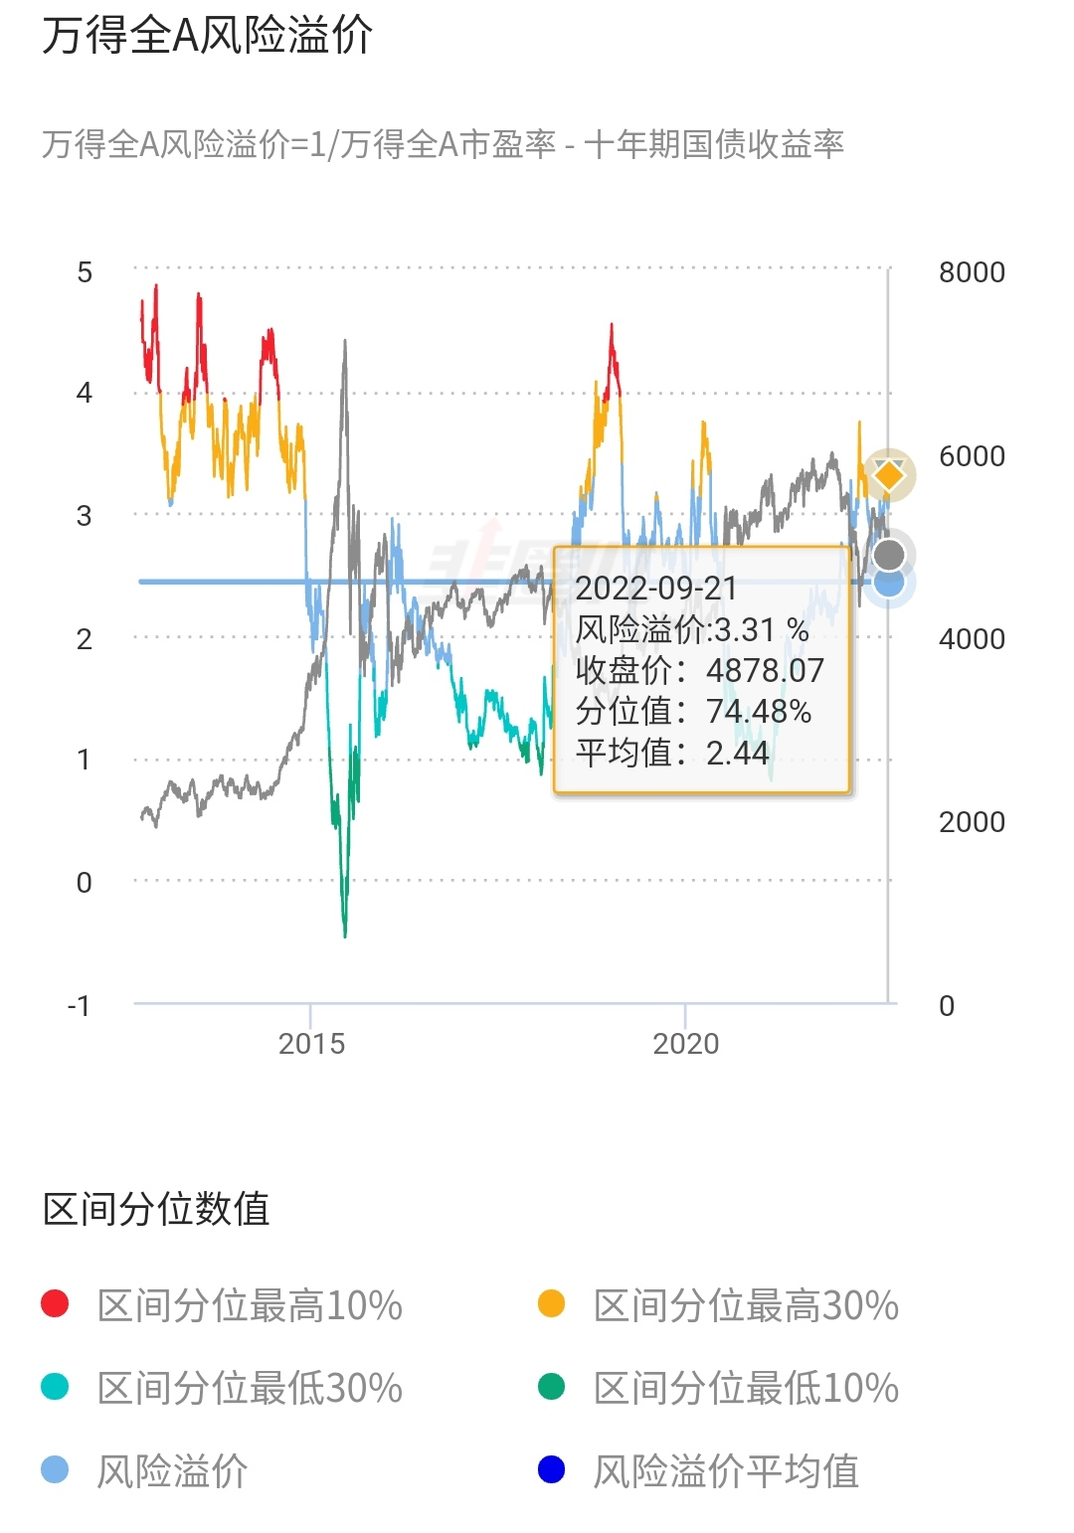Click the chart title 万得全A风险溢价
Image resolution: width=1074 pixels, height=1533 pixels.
pos(207,36)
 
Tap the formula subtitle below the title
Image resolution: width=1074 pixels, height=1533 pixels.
pos(443,145)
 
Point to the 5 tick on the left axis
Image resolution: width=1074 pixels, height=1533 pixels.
pos(85,271)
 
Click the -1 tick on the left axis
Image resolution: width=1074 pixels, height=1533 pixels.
pos(80,1005)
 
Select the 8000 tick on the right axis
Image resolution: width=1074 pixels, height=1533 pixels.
pos(972,271)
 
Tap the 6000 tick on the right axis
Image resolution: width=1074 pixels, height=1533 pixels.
pos(972,455)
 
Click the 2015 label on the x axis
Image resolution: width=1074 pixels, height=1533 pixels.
pos(311,1043)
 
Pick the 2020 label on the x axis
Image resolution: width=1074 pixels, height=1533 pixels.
pos(685,1043)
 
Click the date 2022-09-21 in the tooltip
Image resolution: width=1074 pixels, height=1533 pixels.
pos(656,588)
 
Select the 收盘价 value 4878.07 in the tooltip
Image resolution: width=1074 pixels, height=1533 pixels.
pos(765,670)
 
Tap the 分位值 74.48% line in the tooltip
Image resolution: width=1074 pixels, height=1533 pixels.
pos(693,711)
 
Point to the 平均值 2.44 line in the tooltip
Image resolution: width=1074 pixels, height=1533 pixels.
pos(672,753)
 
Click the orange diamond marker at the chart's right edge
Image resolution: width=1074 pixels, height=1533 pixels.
pos(888,475)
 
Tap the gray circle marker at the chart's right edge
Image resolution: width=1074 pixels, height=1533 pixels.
pos(889,555)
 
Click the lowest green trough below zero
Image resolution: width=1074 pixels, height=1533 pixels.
pos(345,933)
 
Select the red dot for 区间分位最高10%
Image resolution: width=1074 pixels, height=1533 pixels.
pos(55,1304)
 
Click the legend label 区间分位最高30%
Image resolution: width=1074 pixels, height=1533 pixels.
pos(746,1305)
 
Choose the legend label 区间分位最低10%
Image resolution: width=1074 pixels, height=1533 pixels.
pos(746,1388)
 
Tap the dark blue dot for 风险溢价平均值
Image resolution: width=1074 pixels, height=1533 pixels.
pos(551,1469)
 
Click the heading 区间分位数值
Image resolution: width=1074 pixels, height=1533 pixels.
pos(156,1209)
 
